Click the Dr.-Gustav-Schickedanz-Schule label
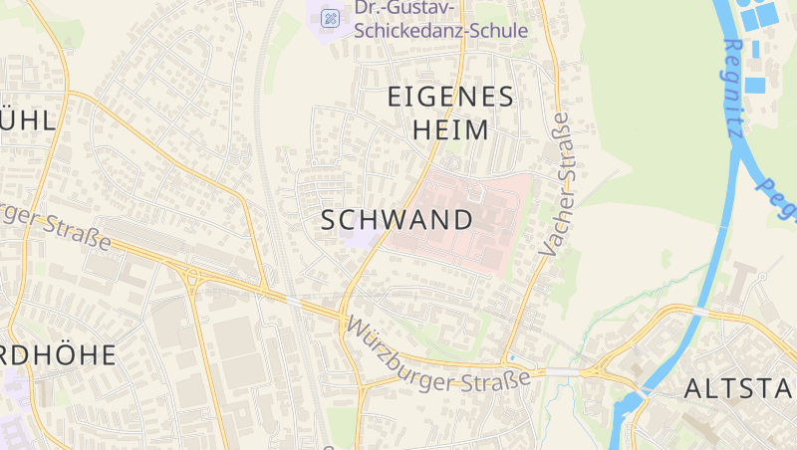(x=440, y=20)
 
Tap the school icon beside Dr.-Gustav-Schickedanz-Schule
(x=330, y=17)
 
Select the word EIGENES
(x=450, y=97)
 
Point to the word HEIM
(x=450, y=130)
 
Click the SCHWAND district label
(x=397, y=221)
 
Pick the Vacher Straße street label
(x=555, y=184)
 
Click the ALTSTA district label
(x=739, y=389)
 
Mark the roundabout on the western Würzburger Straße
(x=190, y=278)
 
